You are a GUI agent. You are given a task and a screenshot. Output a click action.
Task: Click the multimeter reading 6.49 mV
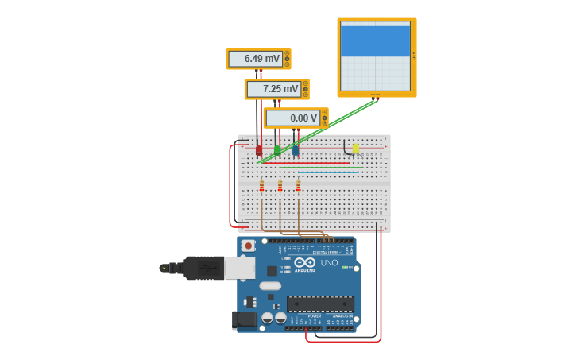[x=257, y=59]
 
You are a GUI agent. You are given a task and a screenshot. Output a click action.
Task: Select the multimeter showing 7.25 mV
[x=276, y=89]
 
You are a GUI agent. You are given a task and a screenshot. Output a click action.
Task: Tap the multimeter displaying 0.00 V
[x=295, y=118]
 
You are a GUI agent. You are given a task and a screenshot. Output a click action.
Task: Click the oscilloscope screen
[x=375, y=56]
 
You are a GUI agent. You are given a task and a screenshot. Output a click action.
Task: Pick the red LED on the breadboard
[x=258, y=149]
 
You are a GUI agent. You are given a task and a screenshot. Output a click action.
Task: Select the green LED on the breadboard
[x=276, y=149]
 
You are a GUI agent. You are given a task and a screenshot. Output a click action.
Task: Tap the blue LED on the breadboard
[x=296, y=149]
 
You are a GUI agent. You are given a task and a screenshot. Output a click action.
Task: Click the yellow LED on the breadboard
[x=355, y=148]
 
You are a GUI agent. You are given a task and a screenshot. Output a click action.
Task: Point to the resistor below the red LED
[x=261, y=186]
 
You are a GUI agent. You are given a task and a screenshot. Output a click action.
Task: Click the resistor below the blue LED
[x=298, y=186]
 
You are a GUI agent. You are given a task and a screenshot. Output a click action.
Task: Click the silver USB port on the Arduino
[x=238, y=268]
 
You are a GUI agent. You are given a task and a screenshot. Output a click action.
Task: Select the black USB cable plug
[x=203, y=268]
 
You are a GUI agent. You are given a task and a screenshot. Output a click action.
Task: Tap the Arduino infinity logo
[x=304, y=262]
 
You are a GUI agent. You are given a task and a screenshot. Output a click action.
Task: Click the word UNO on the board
[x=329, y=262]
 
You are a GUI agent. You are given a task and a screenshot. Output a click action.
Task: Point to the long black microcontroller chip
[x=320, y=303]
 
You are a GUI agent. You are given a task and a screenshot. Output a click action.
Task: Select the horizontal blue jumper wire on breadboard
[x=329, y=172]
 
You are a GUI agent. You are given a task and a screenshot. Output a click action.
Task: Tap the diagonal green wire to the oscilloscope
[x=318, y=131]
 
